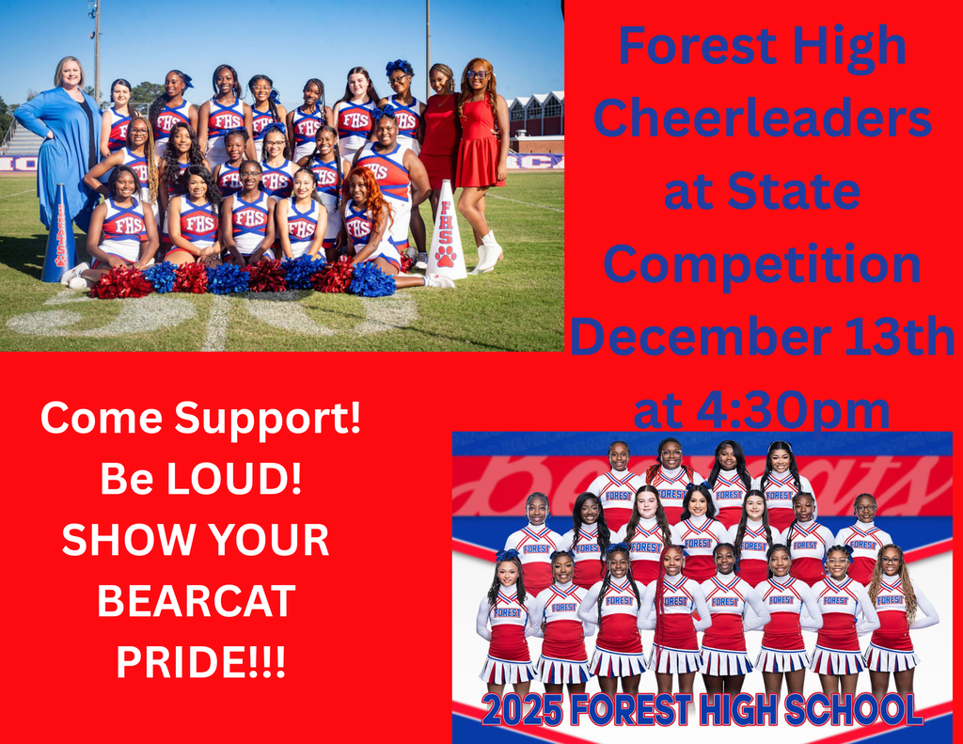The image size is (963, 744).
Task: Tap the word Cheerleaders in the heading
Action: pyautogui.click(x=763, y=120)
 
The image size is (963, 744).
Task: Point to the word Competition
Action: pyautogui.click(x=763, y=264)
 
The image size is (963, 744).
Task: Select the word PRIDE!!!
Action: pyautogui.click(x=200, y=660)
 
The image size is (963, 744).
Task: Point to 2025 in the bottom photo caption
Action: pyautogui.click(x=523, y=709)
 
